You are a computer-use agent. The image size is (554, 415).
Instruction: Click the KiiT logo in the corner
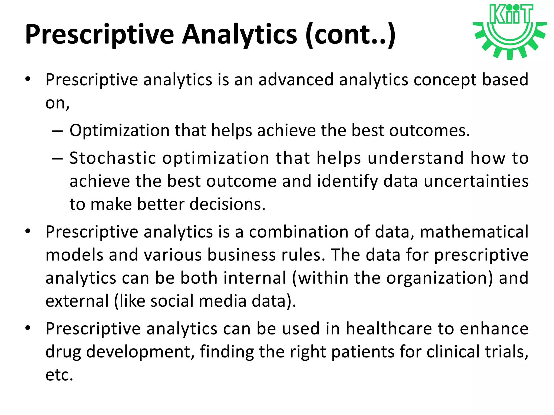tap(510, 31)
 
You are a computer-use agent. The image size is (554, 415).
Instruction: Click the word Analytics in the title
tap(239, 35)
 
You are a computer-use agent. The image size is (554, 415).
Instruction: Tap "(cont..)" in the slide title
tap(350, 35)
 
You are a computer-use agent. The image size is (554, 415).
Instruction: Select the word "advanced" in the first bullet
tap(296, 80)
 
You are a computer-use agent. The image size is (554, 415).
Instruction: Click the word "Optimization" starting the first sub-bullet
tap(119, 130)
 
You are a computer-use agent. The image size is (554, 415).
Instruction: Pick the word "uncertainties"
tap(476, 181)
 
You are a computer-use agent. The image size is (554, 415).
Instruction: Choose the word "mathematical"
tap(474, 232)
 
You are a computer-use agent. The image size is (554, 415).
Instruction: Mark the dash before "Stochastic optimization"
tap(57, 159)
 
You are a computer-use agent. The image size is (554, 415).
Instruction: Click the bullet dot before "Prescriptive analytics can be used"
tap(28, 328)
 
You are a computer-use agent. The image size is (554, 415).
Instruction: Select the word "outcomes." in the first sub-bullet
tap(430, 130)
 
